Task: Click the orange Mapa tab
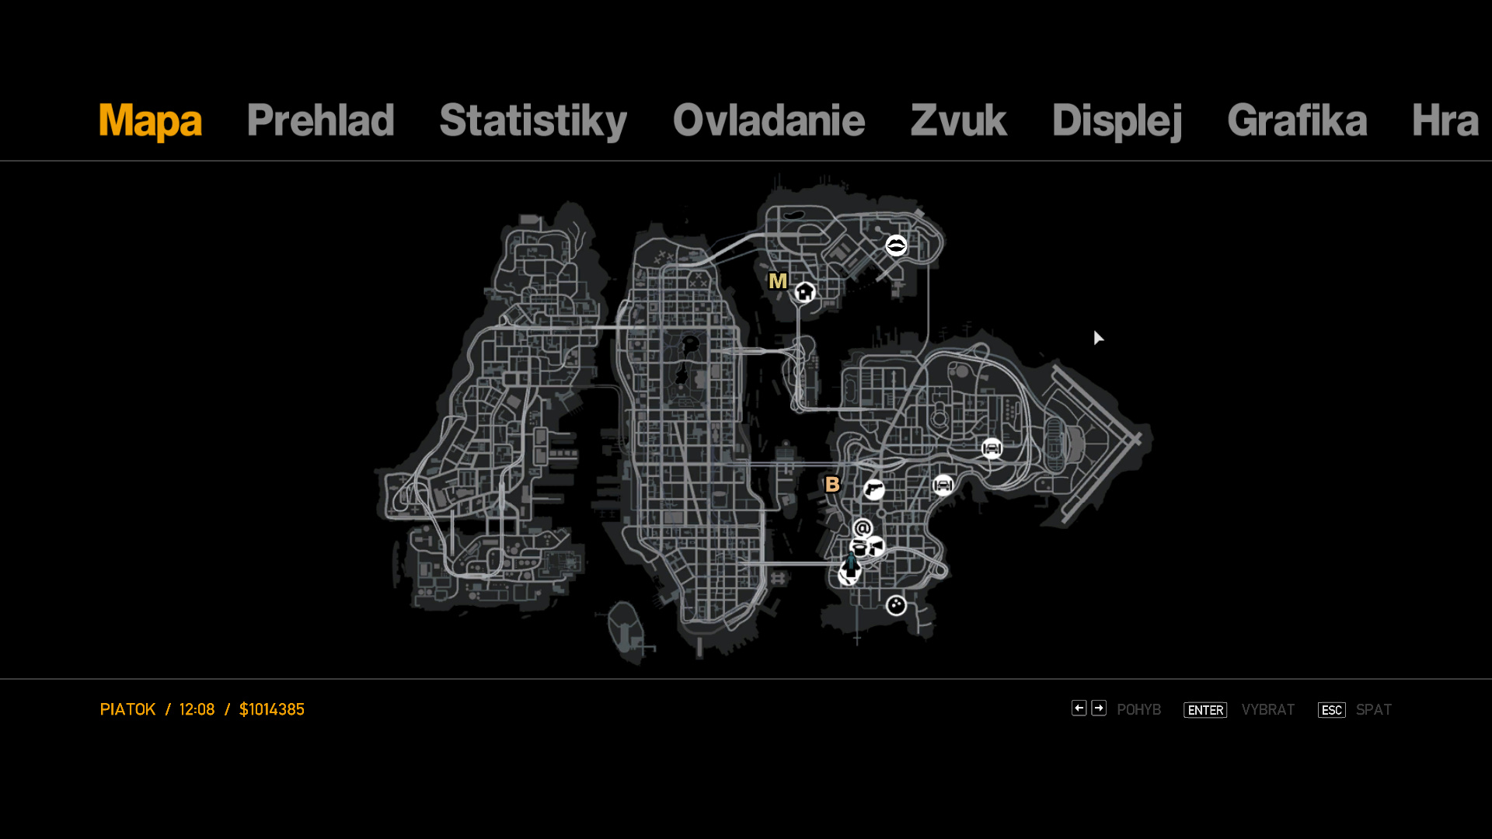click(x=150, y=121)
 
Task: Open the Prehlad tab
click(x=320, y=120)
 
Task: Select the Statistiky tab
click(x=533, y=121)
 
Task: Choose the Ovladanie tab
click(x=769, y=120)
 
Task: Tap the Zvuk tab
click(x=958, y=120)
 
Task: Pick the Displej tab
click(x=1117, y=121)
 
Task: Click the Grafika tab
click(x=1297, y=120)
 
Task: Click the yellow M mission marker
click(x=777, y=281)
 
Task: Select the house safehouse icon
click(x=805, y=292)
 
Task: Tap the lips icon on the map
click(x=896, y=245)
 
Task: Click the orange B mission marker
click(x=832, y=484)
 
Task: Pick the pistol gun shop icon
click(x=874, y=489)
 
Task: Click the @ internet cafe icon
click(x=863, y=528)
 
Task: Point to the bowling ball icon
click(x=896, y=605)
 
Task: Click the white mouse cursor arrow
click(x=1097, y=337)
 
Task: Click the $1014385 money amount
click(x=272, y=709)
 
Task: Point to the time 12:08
click(x=197, y=709)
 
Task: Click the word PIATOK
click(x=127, y=709)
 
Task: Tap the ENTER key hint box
click(x=1205, y=710)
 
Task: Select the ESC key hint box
click(x=1332, y=710)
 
